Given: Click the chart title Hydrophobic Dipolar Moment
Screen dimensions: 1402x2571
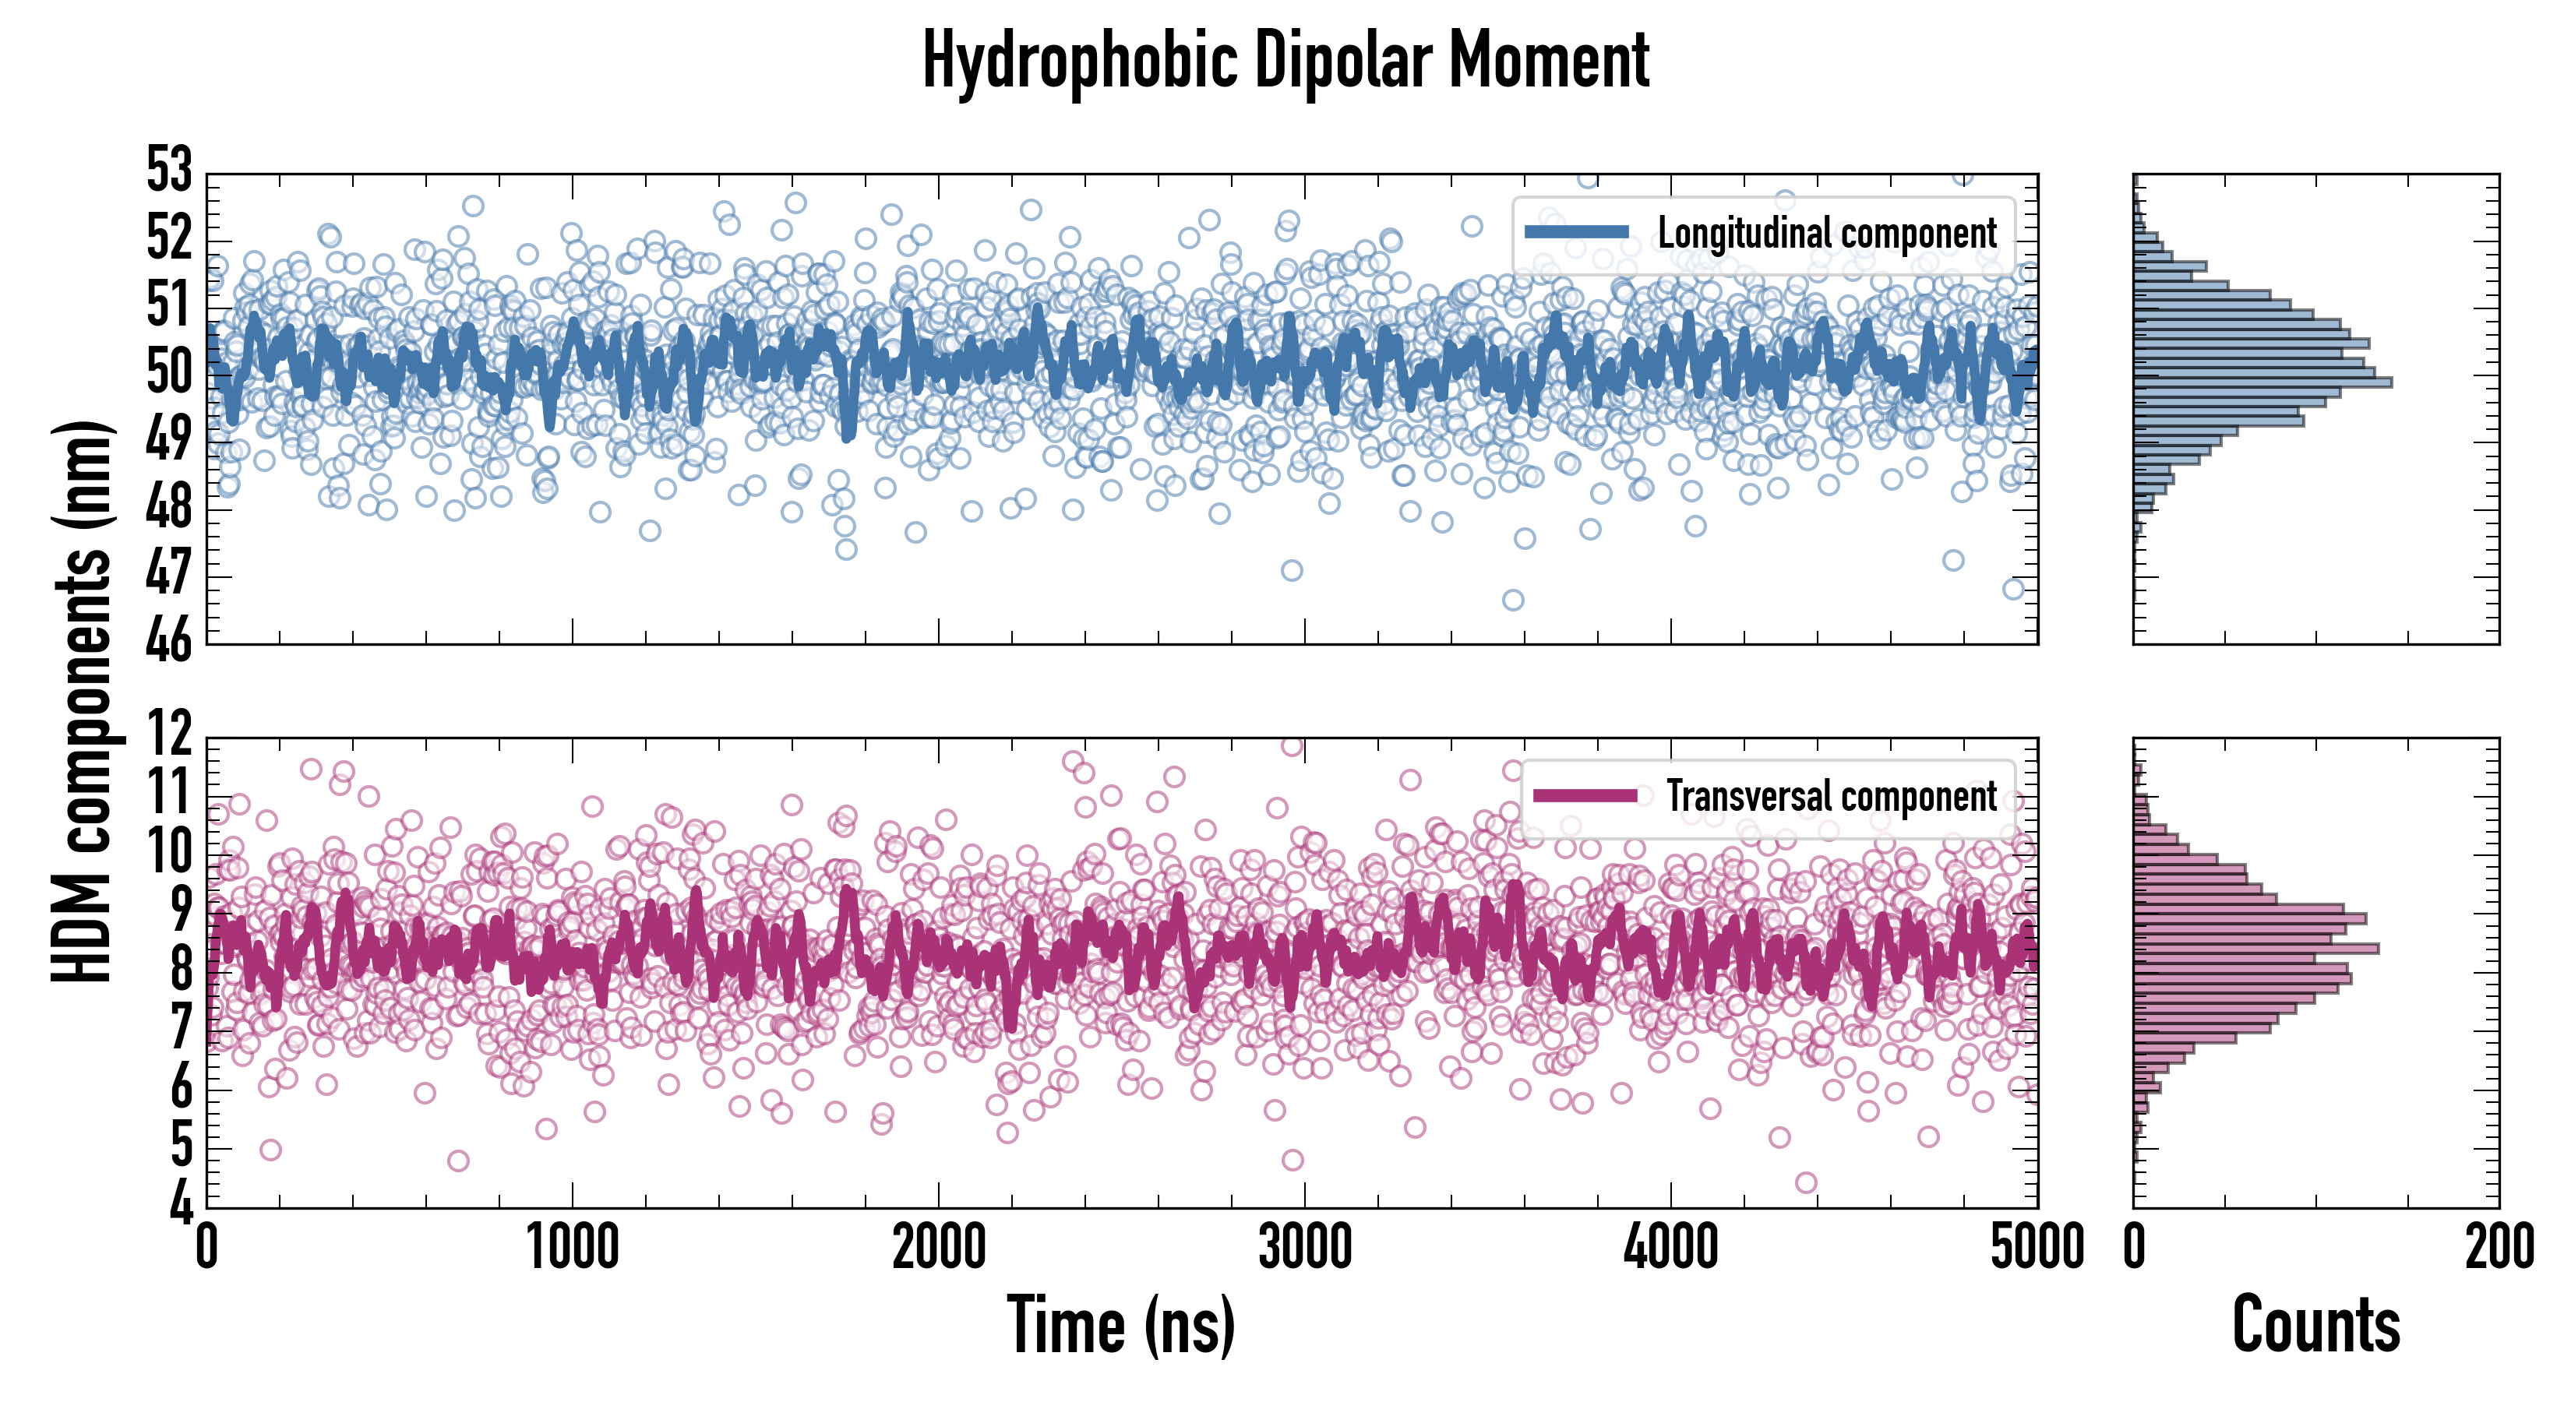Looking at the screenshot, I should coord(1285,62).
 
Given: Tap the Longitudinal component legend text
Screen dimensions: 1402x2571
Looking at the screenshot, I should coord(1826,234).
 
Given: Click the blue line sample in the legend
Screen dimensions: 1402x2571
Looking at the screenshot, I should coord(1577,233).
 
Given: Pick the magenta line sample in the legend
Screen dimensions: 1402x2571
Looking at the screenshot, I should coord(1585,795).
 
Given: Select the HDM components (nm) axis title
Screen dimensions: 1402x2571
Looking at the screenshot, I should coord(82,699).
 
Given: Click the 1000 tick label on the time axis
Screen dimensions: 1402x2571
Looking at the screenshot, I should coord(572,1247).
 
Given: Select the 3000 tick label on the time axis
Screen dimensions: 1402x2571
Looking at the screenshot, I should coord(1304,1247).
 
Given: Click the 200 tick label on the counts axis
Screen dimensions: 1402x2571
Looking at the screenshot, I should coord(2499,1247).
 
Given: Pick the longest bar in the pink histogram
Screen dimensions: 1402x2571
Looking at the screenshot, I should coord(2255,948).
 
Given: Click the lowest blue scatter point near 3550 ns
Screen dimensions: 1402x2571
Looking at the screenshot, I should coord(1513,600).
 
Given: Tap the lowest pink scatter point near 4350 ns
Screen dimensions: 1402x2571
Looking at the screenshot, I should coord(1805,1182).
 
